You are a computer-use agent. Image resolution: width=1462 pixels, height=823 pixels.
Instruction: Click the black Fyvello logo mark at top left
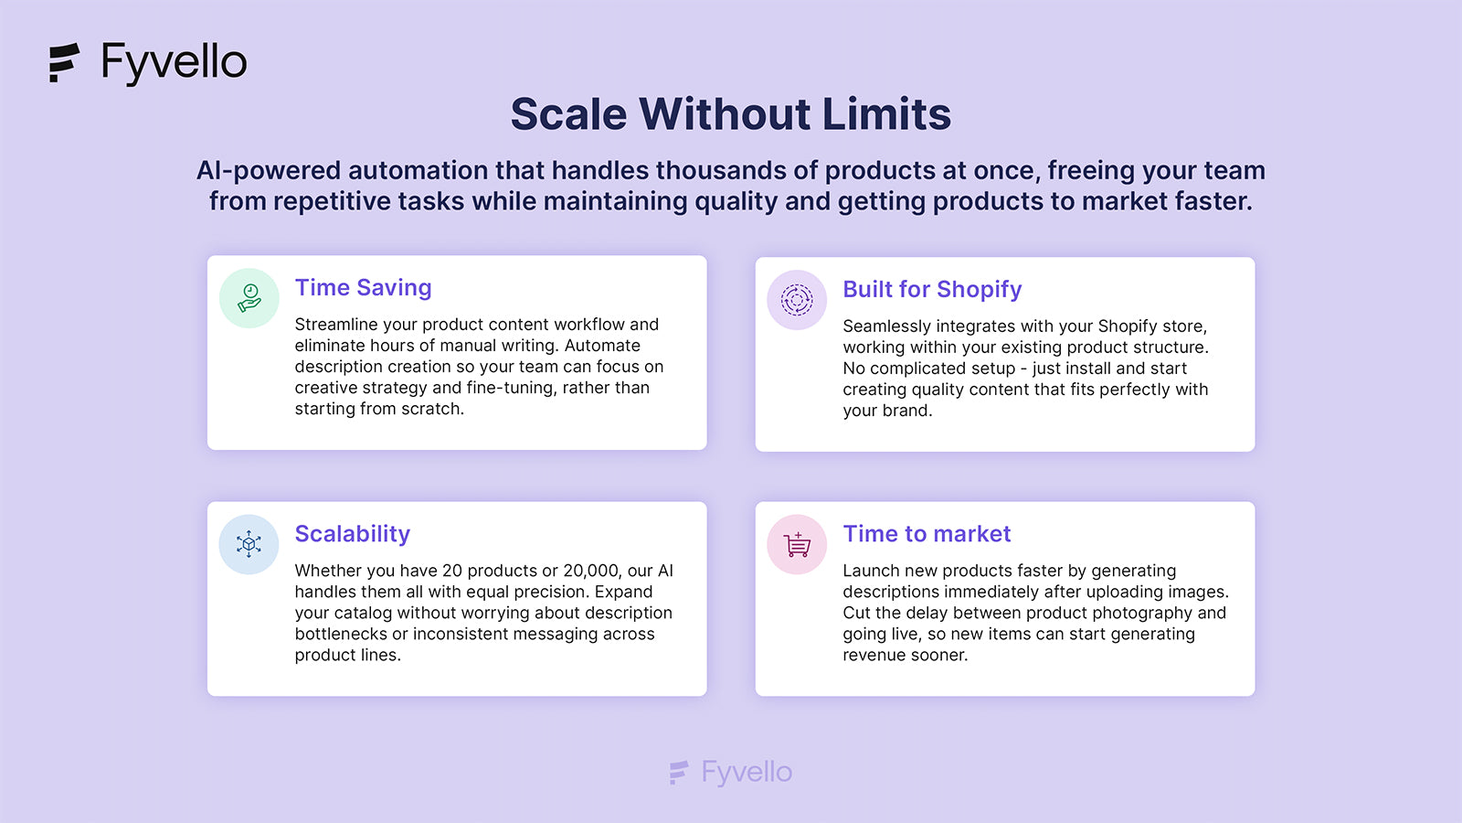click(64, 63)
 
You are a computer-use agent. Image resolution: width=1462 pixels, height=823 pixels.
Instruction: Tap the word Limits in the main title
click(886, 113)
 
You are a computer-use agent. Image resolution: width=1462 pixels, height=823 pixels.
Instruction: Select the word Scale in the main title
click(568, 113)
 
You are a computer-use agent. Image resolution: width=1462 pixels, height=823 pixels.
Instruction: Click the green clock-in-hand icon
click(249, 298)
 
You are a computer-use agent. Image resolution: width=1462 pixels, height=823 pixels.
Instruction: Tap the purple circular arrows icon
click(797, 300)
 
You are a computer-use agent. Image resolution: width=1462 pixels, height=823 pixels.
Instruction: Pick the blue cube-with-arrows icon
click(249, 544)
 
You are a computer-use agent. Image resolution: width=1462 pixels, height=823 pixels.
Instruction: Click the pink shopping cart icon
click(797, 545)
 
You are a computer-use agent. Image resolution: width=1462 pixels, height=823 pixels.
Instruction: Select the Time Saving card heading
click(363, 287)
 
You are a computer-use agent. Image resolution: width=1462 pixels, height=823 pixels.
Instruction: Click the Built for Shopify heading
click(932, 289)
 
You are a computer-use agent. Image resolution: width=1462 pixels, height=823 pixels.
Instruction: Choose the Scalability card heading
click(353, 534)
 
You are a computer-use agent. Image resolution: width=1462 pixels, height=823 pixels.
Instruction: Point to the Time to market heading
click(927, 534)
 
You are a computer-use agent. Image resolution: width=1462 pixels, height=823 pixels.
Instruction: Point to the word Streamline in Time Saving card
click(336, 324)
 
